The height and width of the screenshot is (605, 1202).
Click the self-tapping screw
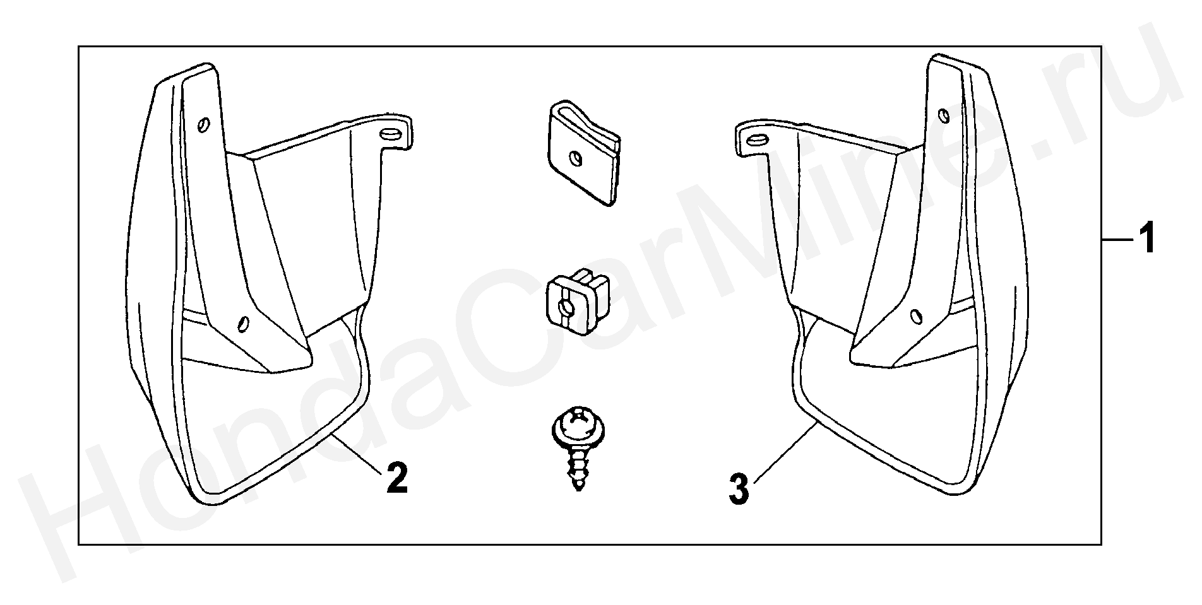coord(578,449)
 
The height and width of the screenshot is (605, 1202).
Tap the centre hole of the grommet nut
coord(567,307)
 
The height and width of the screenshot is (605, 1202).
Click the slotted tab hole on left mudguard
coord(391,134)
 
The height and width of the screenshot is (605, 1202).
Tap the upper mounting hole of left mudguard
coord(202,126)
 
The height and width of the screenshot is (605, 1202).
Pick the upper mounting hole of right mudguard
coord(943,115)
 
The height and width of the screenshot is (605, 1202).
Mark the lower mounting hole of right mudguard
coord(915,315)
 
